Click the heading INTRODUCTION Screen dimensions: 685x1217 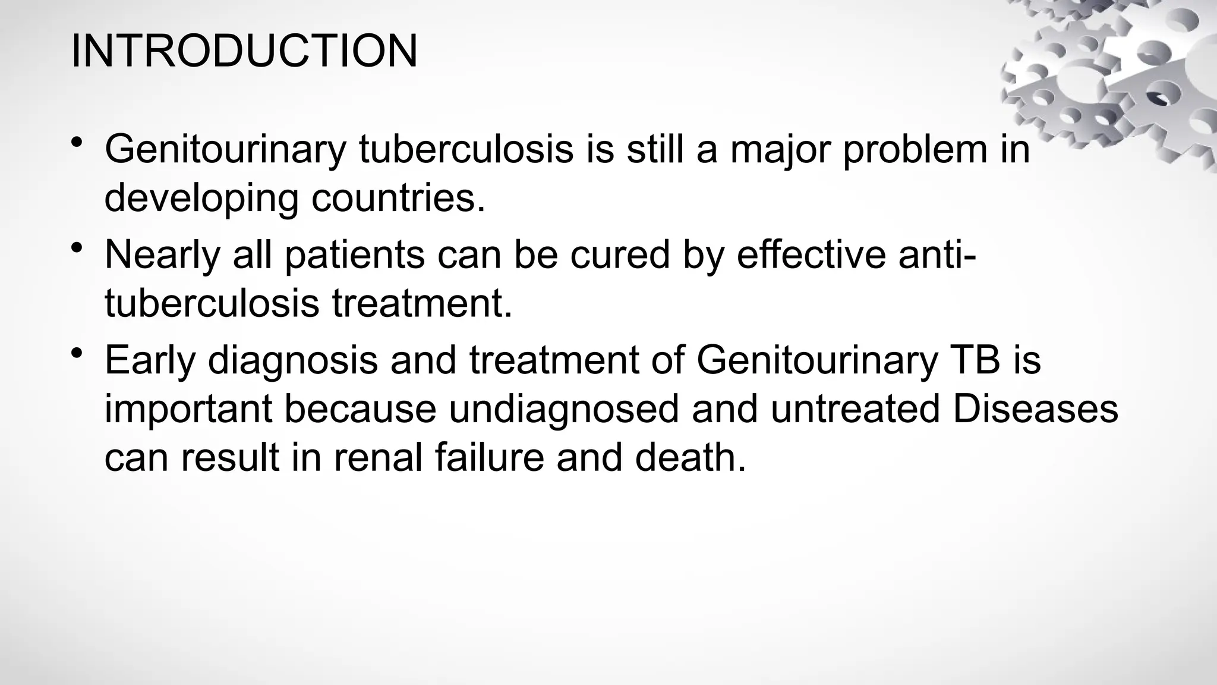click(x=244, y=51)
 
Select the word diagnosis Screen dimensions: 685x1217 click(x=292, y=361)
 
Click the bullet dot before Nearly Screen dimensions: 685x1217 click(x=76, y=248)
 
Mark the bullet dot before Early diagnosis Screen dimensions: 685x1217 click(x=76, y=354)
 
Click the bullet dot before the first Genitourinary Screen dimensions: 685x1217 click(x=76, y=142)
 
